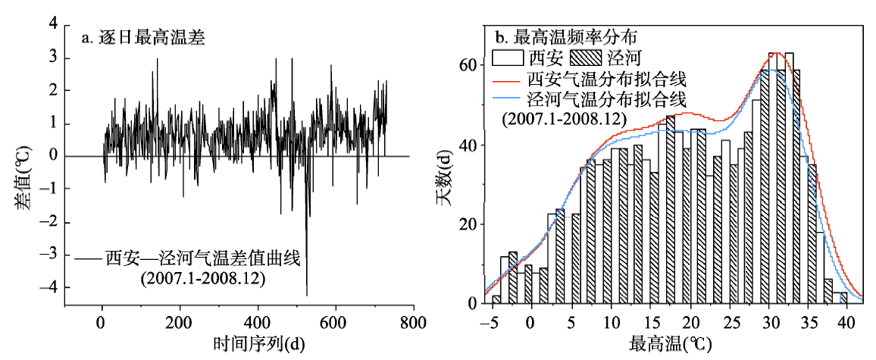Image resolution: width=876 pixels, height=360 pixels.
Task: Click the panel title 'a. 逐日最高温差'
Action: coord(144,36)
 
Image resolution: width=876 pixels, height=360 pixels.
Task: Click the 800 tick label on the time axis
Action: coord(413,321)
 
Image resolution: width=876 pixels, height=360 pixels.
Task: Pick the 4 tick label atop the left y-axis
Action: coord(53,25)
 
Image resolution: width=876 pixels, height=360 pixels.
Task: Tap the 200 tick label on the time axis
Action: coord(180,321)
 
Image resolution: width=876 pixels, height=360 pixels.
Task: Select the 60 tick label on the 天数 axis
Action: coord(468,65)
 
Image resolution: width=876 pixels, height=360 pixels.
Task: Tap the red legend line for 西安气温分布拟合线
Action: coord(506,78)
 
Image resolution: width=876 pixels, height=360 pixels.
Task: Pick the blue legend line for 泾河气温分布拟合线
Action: coord(506,99)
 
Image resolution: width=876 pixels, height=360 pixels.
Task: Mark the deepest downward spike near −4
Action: coord(307,294)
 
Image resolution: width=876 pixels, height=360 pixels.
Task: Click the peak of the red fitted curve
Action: coord(776,53)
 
